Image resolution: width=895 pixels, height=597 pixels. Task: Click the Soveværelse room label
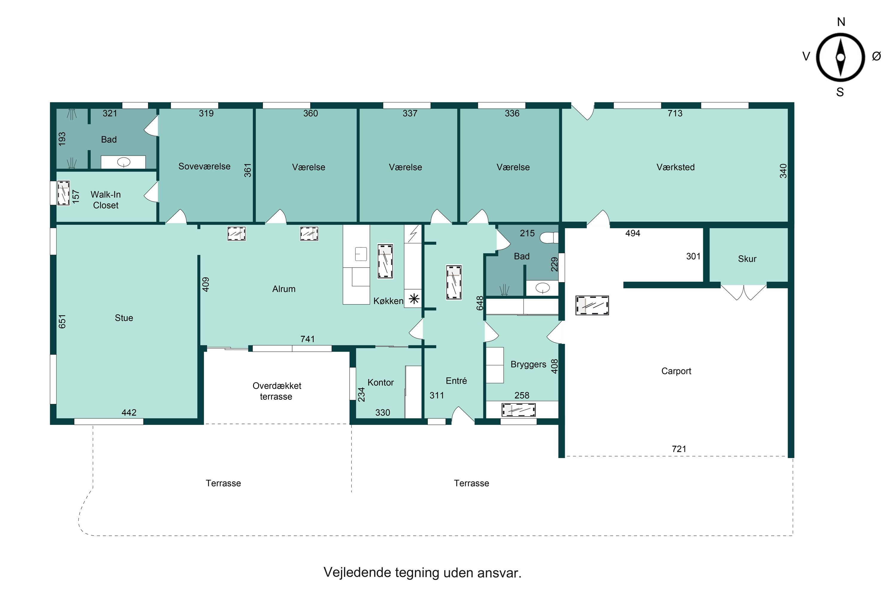[x=204, y=166]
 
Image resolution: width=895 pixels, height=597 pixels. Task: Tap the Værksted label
[x=675, y=167]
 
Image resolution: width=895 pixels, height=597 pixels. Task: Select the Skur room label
[x=747, y=259]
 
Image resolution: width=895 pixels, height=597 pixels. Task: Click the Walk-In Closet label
[x=105, y=200]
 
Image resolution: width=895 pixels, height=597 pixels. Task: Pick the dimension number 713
[x=675, y=113]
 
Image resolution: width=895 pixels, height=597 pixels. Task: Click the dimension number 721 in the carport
[x=679, y=449]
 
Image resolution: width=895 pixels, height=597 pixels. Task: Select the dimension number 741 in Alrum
[x=308, y=339]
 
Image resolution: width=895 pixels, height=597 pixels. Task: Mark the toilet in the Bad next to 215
[x=548, y=238]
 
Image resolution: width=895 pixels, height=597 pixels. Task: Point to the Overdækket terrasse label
[x=277, y=391]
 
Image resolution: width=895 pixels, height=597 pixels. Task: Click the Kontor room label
[x=381, y=383]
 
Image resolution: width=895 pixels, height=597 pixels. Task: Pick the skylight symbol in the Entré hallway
[x=453, y=282]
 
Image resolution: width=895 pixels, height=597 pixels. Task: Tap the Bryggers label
[x=528, y=364]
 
